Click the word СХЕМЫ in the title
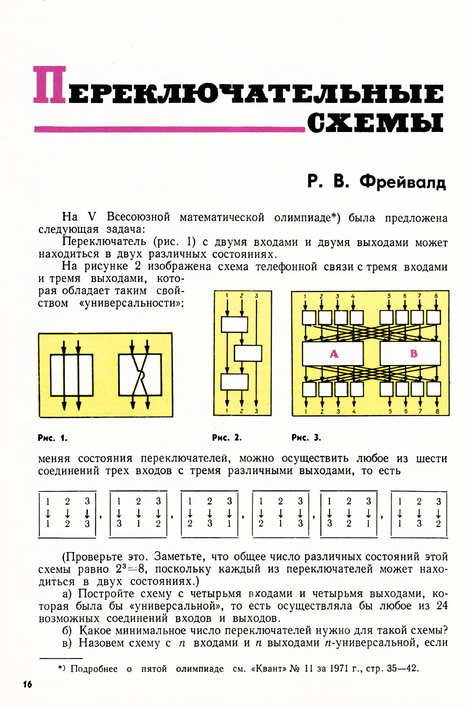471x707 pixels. (x=376, y=123)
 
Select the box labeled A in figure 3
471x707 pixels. (x=333, y=354)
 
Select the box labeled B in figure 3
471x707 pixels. (x=410, y=354)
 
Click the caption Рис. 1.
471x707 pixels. (x=53, y=438)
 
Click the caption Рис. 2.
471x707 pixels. (x=227, y=437)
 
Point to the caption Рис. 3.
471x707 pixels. (x=306, y=437)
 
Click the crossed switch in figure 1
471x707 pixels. (x=140, y=375)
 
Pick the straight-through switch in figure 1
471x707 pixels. (x=71, y=375)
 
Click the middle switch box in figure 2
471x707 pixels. (x=248, y=353)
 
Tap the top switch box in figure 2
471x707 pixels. (x=234, y=324)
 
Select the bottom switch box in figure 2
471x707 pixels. (x=234, y=382)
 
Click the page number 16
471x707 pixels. (x=27, y=685)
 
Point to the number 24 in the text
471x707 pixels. (x=442, y=606)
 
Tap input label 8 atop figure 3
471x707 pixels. (x=436, y=296)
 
